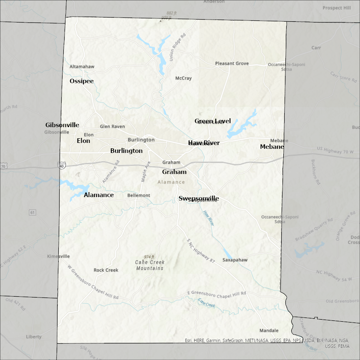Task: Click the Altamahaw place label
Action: (82, 67)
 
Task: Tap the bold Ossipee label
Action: (82, 81)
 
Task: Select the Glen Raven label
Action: (112, 127)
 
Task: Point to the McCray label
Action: (183, 78)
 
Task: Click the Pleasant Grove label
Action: (232, 63)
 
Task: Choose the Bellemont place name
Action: (139, 195)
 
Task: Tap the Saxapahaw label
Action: (235, 260)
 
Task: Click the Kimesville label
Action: (59, 256)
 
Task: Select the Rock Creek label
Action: (106, 270)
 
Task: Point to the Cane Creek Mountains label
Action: (150, 265)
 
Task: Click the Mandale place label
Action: (269, 330)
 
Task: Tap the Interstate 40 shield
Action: (62, 165)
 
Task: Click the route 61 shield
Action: (32, 212)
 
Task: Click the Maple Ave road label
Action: (145, 171)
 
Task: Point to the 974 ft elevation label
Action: (149, 257)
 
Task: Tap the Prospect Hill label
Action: (337, 8)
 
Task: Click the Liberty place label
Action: (34, 337)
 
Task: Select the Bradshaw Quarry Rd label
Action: (314, 230)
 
